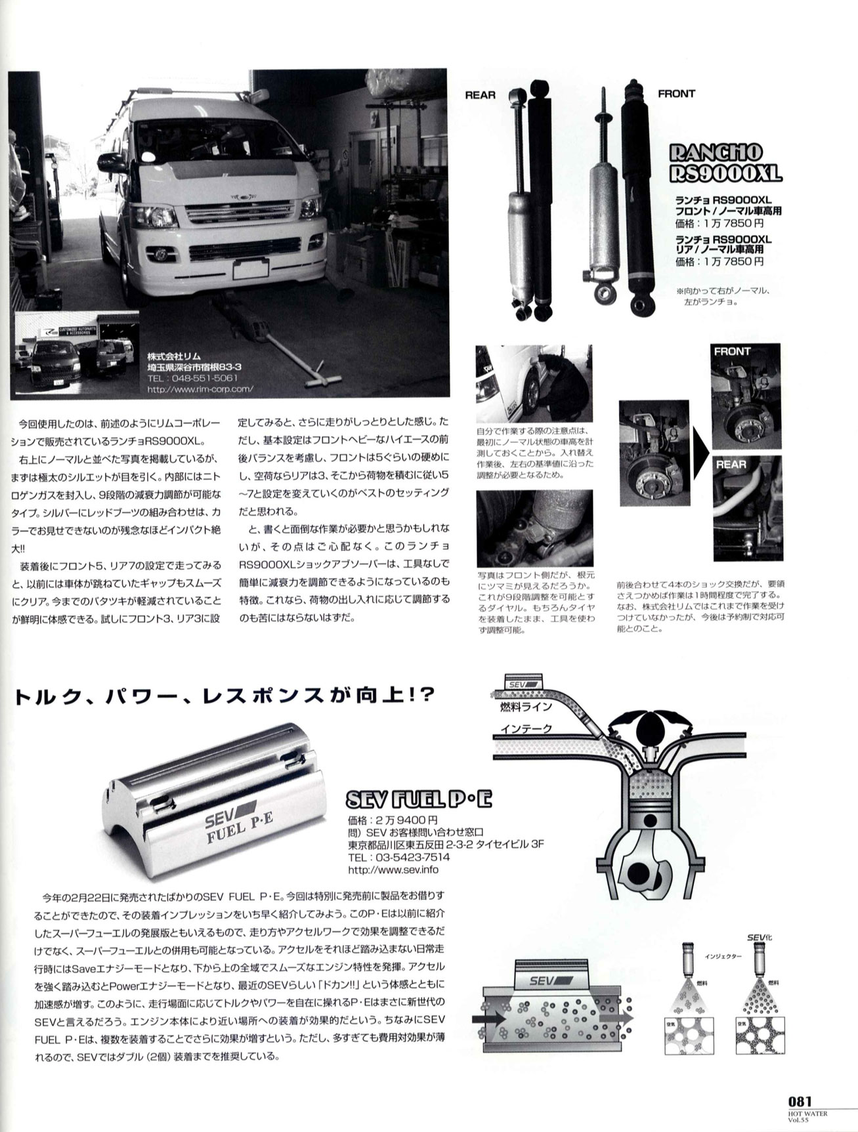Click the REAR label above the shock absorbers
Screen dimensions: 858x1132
(480, 94)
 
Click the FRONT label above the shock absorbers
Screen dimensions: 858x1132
(676, 94)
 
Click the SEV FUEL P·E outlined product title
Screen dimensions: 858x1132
(418, 799)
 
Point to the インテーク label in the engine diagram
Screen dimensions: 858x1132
(526, 728)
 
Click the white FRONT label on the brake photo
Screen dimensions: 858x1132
(732, 351)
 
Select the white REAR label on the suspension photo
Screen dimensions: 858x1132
(731, 464)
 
